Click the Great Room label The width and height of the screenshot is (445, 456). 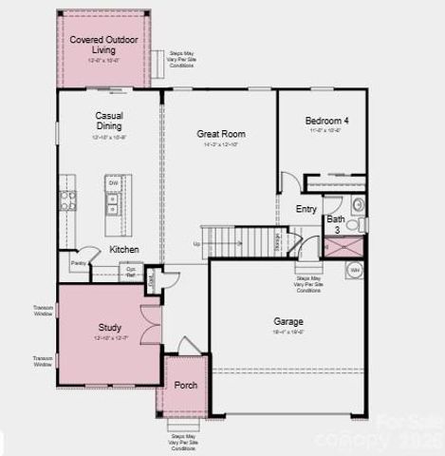[x=221, y=134]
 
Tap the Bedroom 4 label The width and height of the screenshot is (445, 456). [x=325, y=121]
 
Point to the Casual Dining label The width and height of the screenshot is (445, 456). [x=110, y=121]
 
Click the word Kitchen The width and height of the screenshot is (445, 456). [x=124, y=249]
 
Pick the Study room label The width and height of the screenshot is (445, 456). [x=110, y=328]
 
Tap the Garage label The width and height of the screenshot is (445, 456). [x=287, y=321]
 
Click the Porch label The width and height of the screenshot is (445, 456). [x=185, y=385]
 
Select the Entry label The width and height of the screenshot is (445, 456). [x=306, y=209]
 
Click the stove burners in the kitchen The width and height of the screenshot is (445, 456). [x=68, y=200]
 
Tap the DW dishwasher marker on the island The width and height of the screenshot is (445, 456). [x=112, y=183]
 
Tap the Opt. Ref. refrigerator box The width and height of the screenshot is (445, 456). [x=133, y=271]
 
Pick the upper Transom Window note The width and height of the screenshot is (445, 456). [x=43, y=309]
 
